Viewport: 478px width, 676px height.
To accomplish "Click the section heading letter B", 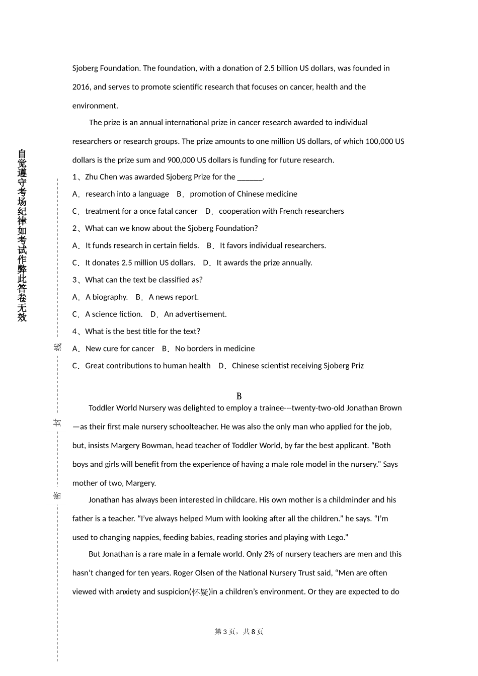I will [x=239, y=396].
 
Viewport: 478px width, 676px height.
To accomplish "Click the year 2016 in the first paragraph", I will [x=81, y=87].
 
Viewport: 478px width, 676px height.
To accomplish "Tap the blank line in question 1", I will [x=250, y=177].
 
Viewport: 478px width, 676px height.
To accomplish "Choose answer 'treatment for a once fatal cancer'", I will [x=141, y=211].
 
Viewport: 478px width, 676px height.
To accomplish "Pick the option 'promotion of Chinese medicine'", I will [x=244, y=194].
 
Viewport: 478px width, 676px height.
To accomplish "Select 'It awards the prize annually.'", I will [x=264, y=263].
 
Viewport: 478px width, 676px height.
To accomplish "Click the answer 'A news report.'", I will [x=174, y=297].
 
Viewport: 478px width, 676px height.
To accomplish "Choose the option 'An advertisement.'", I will [x=195, y=314].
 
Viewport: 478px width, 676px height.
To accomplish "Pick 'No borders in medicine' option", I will [x=215, y=349].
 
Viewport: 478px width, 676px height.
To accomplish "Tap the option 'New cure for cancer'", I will [x=120, y=349].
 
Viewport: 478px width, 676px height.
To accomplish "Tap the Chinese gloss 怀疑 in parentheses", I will [x=200, y=592].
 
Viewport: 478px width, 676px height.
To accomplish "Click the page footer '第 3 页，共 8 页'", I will [x=239, y=632].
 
